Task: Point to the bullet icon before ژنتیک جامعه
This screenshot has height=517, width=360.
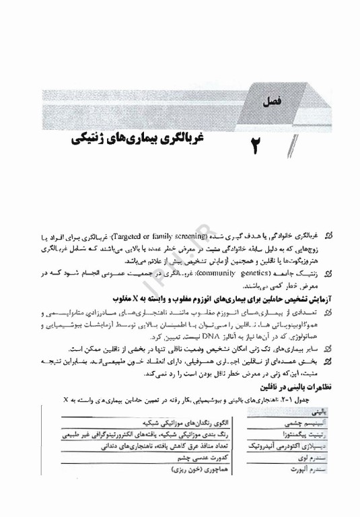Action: tap(329, 274)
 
